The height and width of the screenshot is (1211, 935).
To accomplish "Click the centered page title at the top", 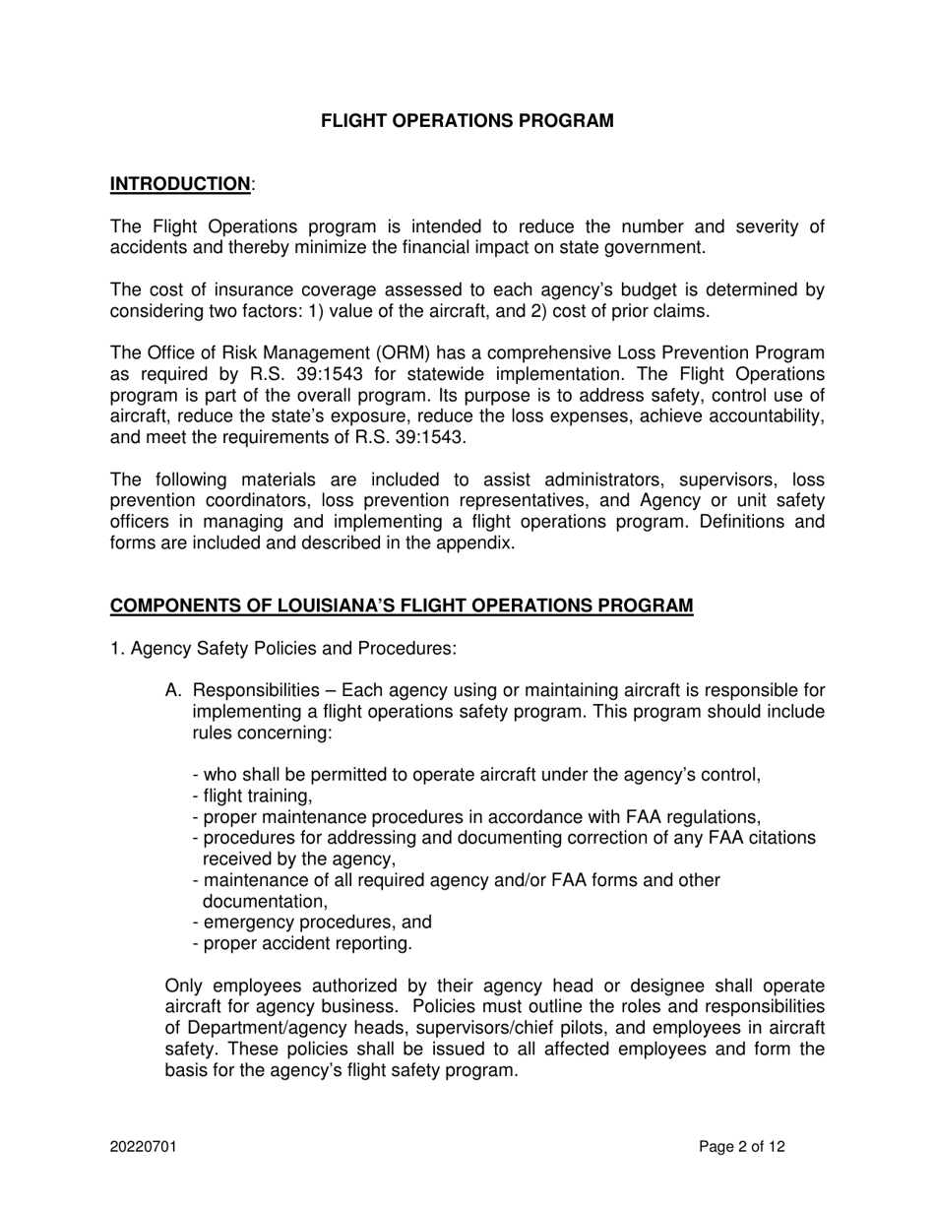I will point(467,121).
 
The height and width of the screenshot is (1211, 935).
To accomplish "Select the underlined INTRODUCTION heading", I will point(180,184).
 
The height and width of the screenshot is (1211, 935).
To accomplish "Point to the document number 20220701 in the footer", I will point(143,1146).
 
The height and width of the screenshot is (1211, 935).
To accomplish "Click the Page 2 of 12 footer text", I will point(742,1146).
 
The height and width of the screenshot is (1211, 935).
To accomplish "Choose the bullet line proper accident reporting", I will point(303,943).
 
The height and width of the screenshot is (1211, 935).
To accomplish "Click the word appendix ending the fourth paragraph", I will point(479,542).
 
